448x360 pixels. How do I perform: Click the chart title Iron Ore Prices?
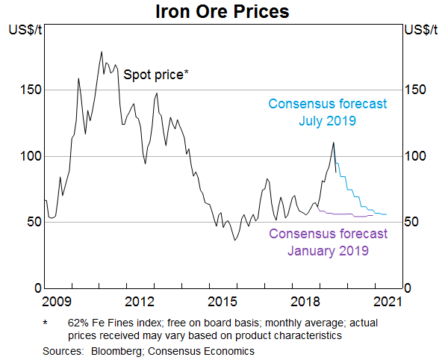coord(223,12)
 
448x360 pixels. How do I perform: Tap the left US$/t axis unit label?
coord(24,31)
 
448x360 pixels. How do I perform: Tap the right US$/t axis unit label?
coord(422,31)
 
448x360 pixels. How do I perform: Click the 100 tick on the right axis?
coord(414,156)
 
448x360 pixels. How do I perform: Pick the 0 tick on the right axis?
coord(408,288)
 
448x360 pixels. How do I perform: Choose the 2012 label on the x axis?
coord(140,301)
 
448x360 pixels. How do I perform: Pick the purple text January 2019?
coord(328,251)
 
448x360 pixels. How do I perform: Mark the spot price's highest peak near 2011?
coord(102,52)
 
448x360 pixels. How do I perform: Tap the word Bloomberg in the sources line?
coord(119,350)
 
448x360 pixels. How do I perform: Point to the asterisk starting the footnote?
coord(46,323)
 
